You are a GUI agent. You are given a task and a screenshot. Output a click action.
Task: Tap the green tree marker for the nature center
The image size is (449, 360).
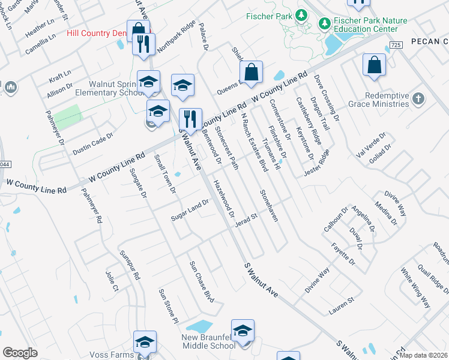[x=325, y=23]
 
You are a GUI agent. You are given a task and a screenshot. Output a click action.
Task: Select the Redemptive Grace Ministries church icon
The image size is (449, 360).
[x=419, y=99]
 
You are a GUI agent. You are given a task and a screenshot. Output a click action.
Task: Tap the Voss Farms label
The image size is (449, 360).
[x=114, y=355]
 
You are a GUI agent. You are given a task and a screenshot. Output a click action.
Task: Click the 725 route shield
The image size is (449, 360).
[x=395, y=45]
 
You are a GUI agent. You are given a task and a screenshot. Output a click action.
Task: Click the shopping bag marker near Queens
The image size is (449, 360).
[x=253, y=72]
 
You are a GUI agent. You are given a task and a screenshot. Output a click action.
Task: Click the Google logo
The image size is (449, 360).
[x=20, y=353]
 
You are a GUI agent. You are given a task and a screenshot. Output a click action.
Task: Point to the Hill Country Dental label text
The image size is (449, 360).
[x=99, y=34]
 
